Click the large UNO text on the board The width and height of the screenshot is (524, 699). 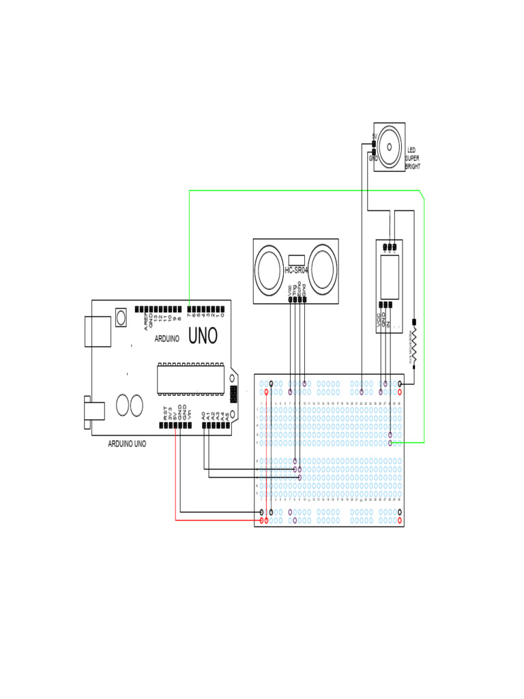pyautogui.click(x=203, y=336)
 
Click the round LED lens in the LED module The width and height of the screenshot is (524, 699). pyautogui.click(x=390, y=145)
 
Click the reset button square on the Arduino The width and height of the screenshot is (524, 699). pyautogui.click(x=121, y=317)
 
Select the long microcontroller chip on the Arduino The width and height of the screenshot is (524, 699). pyautogui.click(x=191, y=378)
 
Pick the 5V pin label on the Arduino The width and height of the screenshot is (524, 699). pyautogui.click(x=175, y=413)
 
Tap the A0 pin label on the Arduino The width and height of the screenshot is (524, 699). pyautogui.click(x=204, y=414)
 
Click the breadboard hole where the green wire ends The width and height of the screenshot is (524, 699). pyautogui.click(x=390, y=442)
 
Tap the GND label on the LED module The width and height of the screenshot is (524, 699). pyautogui.click(x=373, y=158)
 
